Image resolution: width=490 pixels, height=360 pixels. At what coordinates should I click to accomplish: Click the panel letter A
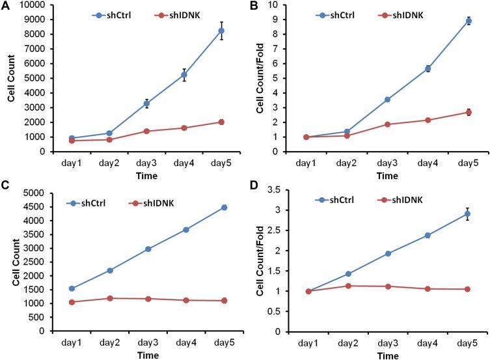click(x=5, y=7)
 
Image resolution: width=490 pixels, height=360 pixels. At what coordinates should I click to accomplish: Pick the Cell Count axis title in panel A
click(x=11, y=78)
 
